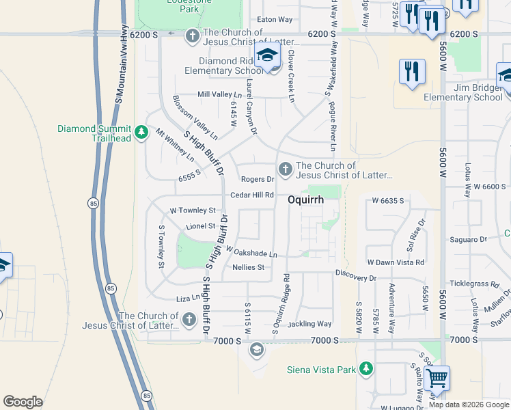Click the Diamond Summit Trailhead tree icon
[x=141, y=132]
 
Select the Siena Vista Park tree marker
[x=366, y=369]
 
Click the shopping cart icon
[x=437, y=378]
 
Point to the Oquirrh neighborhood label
[x=305, y=200]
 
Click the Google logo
[x=23, y=402]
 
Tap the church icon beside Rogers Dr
[x=286, y=168]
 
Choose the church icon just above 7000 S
[x=189, y=319]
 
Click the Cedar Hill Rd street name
[x=252, y=195]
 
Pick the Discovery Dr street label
[x=355, y=278]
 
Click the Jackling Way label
[x=309, y=324]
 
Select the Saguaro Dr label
[x=468, y=239]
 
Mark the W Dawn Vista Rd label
[x=396, y=262]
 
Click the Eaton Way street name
[x=275, y=20]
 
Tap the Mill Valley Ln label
[x=219, y=94]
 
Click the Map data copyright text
[x=469, y=405]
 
